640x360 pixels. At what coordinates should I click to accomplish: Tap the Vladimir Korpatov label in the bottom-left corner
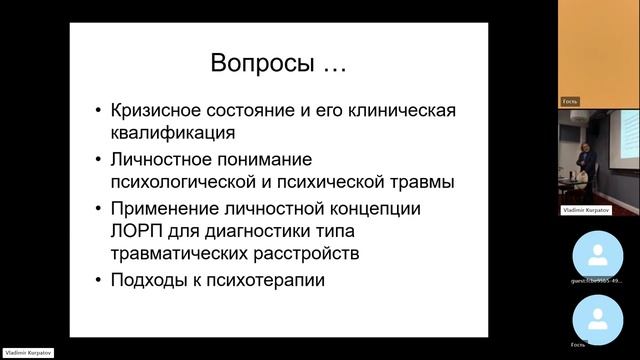pyautogui.click(x=27, y=354)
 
